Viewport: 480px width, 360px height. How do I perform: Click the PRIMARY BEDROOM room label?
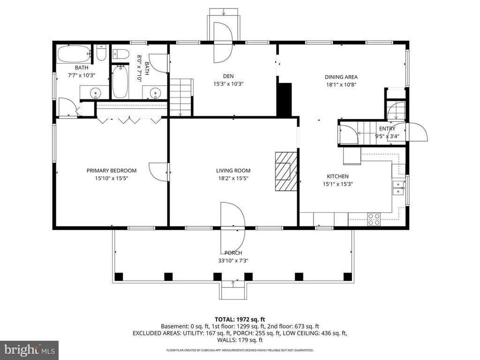point(112,171)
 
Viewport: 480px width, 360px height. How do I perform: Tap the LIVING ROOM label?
point(233,171)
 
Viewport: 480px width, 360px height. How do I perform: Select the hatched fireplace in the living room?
point(286,171)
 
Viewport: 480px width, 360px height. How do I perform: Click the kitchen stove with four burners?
point(374,219)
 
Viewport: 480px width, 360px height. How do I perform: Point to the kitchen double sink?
point(398,187)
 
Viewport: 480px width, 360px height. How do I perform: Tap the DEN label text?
point(228,76)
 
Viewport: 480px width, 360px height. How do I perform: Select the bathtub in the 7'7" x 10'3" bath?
point(73,54)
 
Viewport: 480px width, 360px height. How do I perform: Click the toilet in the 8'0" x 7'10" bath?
point(121,54)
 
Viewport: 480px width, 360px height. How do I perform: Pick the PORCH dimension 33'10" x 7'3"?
point(233,261)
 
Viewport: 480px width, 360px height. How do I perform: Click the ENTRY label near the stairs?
point(387,128)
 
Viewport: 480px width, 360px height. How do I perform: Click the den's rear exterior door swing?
point(223,42)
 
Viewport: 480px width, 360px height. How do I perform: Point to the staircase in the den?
point(181,97)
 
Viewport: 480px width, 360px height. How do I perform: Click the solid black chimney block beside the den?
point(284,99)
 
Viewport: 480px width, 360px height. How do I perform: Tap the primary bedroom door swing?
point(159,171)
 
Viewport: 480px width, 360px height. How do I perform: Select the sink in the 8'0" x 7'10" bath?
point(155,93)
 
